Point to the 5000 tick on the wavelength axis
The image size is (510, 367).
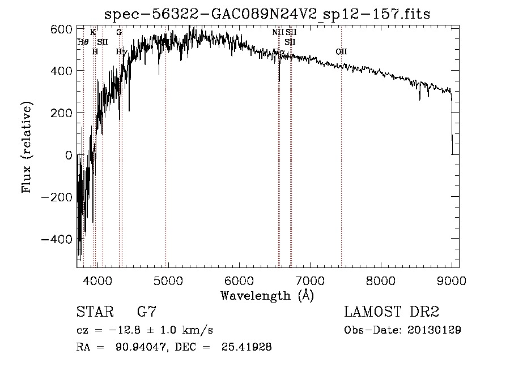tap(168, 279)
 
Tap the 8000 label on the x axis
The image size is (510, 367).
tap(380, 279)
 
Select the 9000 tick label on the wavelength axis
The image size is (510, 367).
tap(451, 279)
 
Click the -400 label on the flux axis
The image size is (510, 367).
tap(57, 239)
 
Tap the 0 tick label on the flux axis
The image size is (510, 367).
tap(69, 155)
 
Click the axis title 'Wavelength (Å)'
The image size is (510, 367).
tap(267, 295)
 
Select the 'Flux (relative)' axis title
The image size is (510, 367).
tap(27, 148)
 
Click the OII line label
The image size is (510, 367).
tap(341, 52)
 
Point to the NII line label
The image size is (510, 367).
tap(278, 33)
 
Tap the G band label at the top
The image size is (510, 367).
tap(119, 33)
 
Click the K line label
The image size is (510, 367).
tap(93, 33)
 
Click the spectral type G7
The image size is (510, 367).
tap(146, 312)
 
